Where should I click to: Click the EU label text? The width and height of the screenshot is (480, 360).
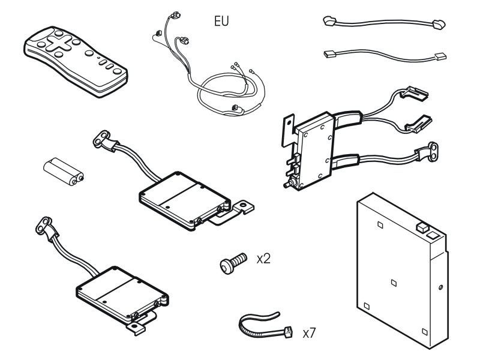coord(221,21)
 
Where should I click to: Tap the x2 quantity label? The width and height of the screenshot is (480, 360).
coord(263,259)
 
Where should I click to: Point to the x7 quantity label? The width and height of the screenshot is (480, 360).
coord(309,333)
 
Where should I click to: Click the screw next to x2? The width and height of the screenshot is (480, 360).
coord(233,263)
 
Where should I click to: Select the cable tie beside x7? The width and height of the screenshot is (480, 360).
coord(265,325)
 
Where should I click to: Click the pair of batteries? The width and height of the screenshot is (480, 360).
coord(64,172)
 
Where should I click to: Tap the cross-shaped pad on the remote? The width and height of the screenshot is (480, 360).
coord(58,43)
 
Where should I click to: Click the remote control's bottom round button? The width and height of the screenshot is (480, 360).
coord(117,71)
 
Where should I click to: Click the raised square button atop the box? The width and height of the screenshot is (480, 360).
coord(422,227)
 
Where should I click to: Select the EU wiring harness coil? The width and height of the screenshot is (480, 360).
coord(208,64)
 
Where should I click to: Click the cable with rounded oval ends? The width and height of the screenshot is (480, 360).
coord(384,22)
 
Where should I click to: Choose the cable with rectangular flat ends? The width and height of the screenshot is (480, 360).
coord(385,55)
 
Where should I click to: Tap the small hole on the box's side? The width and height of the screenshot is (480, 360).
coord(440,287)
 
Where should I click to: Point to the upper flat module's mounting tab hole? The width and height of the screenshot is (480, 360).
coord(243,204)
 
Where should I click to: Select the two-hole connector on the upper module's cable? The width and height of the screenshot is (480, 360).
coord(101,139)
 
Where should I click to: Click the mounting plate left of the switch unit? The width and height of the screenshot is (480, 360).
coord(288,131)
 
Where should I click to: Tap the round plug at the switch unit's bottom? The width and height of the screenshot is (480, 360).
coord(287,185)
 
